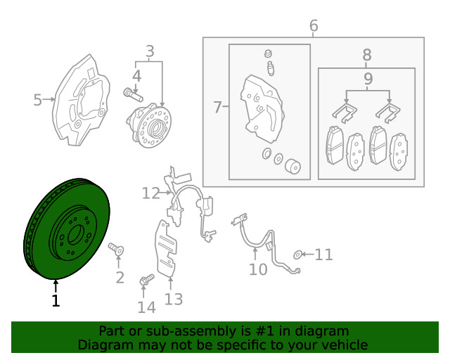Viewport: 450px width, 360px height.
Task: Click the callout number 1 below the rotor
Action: pyautogui.click(x=56, y=300)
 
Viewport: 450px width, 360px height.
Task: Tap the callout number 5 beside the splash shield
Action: pyautogui.click(x=37, y=100)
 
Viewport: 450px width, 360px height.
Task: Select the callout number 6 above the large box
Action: pyautogui.click(x=314, y=25)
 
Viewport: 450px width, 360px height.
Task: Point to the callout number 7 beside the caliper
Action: pyautogui.click(x=217, y=107)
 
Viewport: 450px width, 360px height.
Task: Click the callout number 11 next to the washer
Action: pyautogui.click(x=323, y=255)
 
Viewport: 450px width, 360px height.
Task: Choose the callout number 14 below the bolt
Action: pyautogui.click(x=147, y=307)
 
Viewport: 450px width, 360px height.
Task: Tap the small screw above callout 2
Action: pyautogui.click(x=116, y=249)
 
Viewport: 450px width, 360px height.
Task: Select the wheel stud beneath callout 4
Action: pyautogui.click(x=133, y=95)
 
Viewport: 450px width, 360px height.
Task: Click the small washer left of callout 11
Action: pyautogui.click(x=297, y=255)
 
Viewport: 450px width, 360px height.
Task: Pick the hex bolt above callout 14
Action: pyautogui.click(x=147, y=279)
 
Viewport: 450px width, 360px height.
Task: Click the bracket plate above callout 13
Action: pyautogui.click(x=166, y=249)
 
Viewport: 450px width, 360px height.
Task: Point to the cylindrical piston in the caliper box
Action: pyautogui.click(x=292, y=166)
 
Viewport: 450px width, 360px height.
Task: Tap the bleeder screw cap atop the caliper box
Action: pyautogui.click(x=268, y=53)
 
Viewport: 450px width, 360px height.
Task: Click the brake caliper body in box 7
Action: pyautogui.click(x=262, y=108)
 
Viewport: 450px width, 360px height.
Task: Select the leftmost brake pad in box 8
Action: pyautogui.click(x=335, y=145)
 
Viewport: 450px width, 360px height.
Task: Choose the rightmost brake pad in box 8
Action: pyautogui.click(x=399, y=152)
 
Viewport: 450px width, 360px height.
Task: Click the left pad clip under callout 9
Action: pyautogui.click(x=345, y=112)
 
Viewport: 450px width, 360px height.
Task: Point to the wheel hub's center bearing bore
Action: pyautogui.click(x=155, y=129)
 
